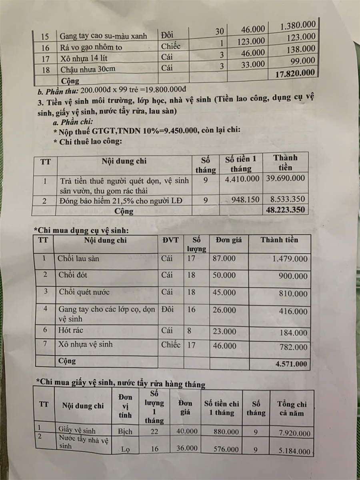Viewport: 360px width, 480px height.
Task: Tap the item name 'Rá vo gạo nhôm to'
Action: point(91,47)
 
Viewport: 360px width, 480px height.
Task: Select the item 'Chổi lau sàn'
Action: point(79,259)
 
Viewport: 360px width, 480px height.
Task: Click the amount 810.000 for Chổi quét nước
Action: point(294,293)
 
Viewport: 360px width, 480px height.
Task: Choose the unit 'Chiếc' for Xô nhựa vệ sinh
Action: point(171,344)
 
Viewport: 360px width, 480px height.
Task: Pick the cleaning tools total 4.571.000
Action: point(292,364)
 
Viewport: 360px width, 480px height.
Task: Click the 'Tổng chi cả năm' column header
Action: point(292,408)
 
